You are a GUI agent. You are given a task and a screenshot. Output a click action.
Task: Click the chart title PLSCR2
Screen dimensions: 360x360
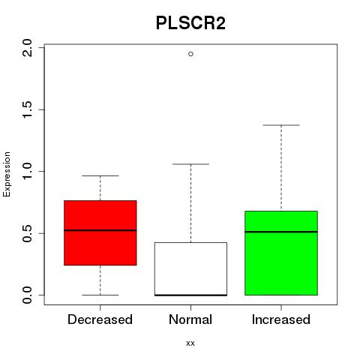pyautogui.click(x=190, y=23)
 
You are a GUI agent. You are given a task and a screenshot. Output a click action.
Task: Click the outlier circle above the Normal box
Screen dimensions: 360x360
pyautogui.click(x=190, y=54)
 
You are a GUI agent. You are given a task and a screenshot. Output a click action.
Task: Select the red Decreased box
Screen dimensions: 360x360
pyautogui.click(x=100, y=232)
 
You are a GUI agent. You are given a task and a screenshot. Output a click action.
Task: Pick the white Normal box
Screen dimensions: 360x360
pyautogui.click(x=190, y=269)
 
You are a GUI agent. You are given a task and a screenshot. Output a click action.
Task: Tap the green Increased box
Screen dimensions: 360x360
pyautogui.click(x=281, y=253)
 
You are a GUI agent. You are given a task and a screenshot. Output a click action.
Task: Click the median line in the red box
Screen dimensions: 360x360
pyautogui.click(x=100, y=230)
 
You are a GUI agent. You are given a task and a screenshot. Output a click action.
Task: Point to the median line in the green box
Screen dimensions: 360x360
pyautogui.click(x=281, y=232)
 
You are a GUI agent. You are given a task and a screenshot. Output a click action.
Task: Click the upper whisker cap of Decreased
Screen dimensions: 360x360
pyautogui.click(x=100, y=175)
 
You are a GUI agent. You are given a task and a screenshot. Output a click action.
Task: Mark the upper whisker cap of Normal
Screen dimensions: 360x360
pyautogui.click(x=190, y=164)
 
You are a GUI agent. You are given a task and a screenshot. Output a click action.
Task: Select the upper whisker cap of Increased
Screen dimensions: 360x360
pyautogui.click(x=281, y=125)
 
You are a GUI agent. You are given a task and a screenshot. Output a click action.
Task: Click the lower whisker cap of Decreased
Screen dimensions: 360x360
pyautogui.click(x=100, y=295)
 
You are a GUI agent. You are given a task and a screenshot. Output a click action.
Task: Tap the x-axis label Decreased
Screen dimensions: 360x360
pyautogui.click(x=100, y=319)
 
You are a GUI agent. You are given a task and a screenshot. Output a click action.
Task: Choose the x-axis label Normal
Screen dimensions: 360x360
pyautogui.click(x=190, y=319)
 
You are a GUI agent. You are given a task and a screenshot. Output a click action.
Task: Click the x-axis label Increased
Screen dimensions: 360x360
pyautogui.click(x=281, y=319)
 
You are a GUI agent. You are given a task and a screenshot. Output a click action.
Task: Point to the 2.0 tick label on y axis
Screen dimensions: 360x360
pyautogui.click(x=27, y=48)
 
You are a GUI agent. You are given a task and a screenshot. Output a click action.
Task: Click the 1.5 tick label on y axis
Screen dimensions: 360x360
pyautogui.click(x=27, y=109)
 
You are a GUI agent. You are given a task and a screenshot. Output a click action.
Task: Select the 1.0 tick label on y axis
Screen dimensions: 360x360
pyautogui.click(x=27, y=171)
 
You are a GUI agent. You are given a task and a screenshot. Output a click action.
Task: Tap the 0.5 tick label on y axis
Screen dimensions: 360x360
pyautogui.click(x=27, y=233)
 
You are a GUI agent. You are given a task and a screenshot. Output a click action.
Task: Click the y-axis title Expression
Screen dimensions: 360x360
pyautogui.click(x=7, y=174)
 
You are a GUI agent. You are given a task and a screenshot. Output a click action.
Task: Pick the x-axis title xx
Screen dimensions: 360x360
pyautogui.click(x=190, y=343)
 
